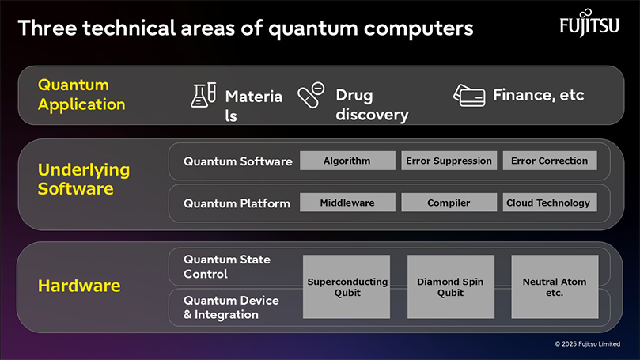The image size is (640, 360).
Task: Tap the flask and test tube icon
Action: click(x=203, y=95)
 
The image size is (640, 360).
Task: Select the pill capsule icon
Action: click(x=311, y=95)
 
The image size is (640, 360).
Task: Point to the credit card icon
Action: click(x=469, y=96)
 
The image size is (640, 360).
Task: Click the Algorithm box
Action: click(x=347, y=161)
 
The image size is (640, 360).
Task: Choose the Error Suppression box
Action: click(x=449, y=161)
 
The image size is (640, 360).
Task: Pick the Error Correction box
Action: click(x=550, y=161)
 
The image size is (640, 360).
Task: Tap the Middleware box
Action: click(x=347, y=203)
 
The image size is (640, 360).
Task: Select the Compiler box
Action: click(x=449, y=203)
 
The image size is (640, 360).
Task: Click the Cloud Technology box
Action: click(x=550, y=203)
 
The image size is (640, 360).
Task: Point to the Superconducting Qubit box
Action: click(x=347, y=286)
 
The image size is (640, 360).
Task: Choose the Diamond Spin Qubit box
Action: click(x=451, y=286)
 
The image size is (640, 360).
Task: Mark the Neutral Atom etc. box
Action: click(x=555, y=286)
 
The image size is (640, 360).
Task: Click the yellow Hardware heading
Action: click(x=79, y=286)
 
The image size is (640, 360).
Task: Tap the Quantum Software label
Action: click(x=238, y=161)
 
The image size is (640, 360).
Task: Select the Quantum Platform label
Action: click(x=237, y=203)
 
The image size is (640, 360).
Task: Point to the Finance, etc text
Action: click(x=539, y=95)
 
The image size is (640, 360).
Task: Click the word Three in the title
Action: click(x=47, y=28)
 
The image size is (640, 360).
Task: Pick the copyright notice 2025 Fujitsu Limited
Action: click(x=587, y=343)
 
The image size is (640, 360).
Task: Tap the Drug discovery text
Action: click(x=372, y=105)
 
